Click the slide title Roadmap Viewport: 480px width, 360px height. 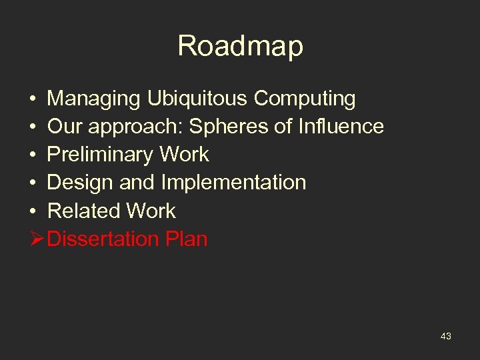[x=240, y=46]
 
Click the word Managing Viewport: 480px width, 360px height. [x=93, y=99]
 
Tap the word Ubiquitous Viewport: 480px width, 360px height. [x=198, y=99]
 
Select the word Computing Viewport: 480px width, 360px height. [x=305, y=99]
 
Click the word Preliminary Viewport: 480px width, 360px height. [x=100, y=155]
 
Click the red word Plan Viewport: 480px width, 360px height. [x=186, y=239]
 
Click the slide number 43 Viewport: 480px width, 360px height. [x=446, y=337]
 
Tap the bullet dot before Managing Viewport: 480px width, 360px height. [x=32, y=99]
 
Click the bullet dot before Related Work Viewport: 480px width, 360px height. [x=32, y=211]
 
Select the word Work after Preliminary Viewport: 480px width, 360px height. [x=183, y=155]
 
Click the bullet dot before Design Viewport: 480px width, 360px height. [x=32, y=183]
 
